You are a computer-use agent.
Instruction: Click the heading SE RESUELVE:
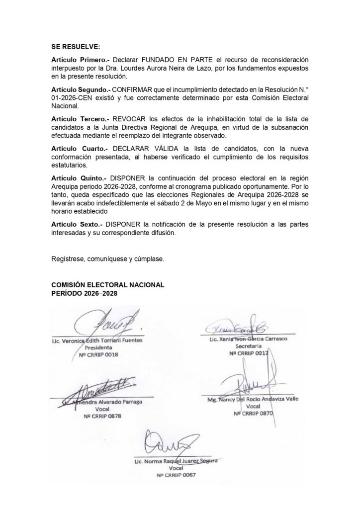(x=75, y=47)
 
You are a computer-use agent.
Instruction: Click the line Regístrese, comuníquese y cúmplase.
(x=107, y=258)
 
